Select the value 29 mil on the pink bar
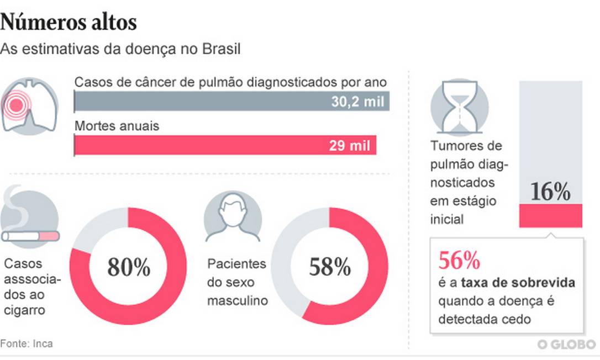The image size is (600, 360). tap(357, 146)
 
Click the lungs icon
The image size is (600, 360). tap(30, 104)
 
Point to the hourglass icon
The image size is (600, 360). tap(459, 107)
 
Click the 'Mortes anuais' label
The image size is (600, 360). tap(117, 126)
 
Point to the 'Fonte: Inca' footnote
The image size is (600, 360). tap(27, 343)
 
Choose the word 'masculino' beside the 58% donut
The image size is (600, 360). tap(238, 301)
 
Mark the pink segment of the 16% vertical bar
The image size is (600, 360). tap(550, 215)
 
